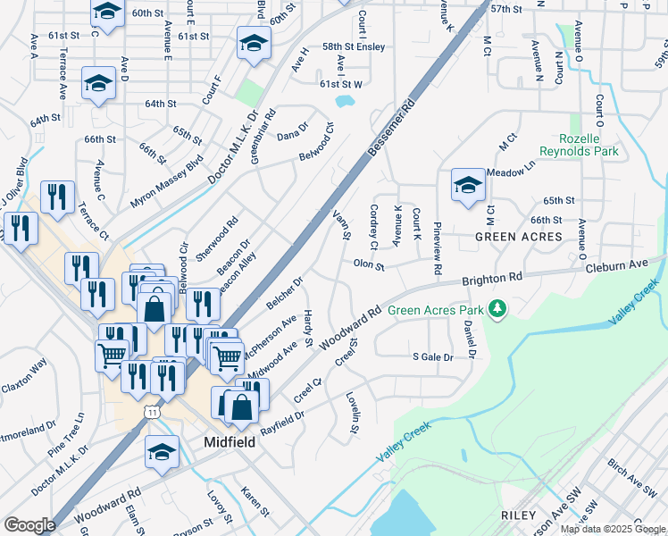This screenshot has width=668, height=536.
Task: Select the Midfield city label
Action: [x=230, y=442]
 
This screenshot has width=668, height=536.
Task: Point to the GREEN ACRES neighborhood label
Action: [x=519, y=237]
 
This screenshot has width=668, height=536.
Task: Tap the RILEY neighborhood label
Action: [x=518, y=515]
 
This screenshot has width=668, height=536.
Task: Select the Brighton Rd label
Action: [x=491, y=280]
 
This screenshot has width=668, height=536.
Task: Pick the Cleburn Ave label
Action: [x=615, y=265]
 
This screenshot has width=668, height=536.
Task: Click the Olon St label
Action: [x=368, y=264]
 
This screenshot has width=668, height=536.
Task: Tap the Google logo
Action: [x=29, y=525]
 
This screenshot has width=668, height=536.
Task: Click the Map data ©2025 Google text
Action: [x=612, y=529]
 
